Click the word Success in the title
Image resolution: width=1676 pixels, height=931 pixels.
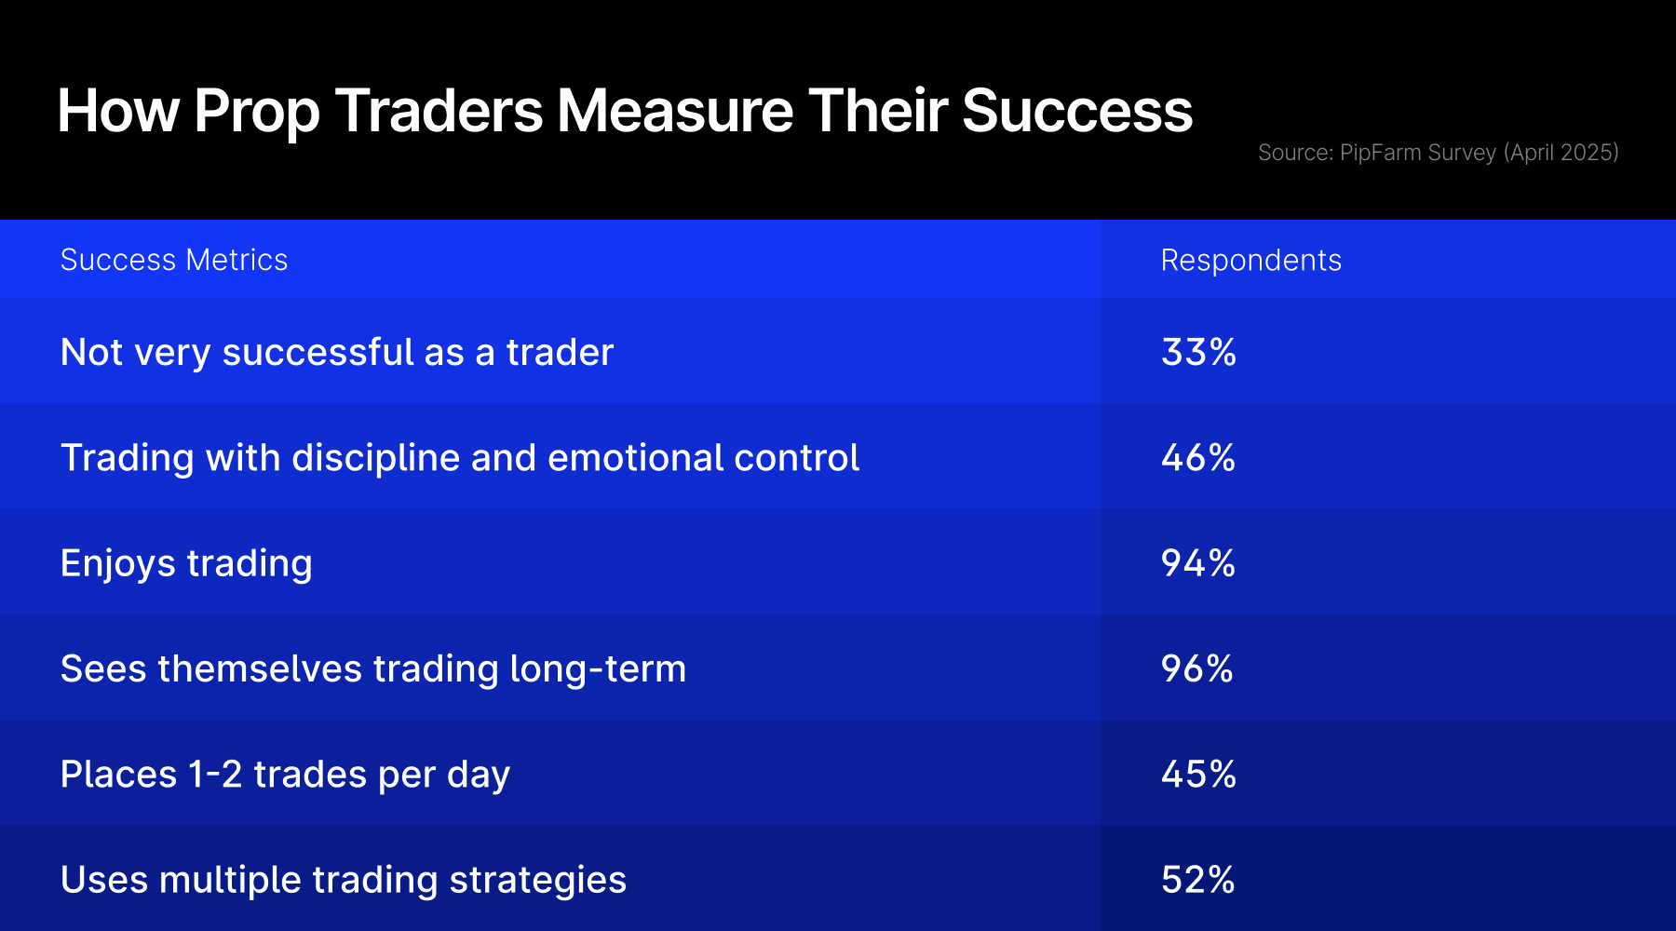[x=1076, y=111]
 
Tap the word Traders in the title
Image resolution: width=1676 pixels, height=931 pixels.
[x=439, y=111]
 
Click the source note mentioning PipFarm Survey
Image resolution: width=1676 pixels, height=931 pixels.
[x=1438, y=153]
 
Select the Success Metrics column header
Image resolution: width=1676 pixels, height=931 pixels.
[x=174, y=260]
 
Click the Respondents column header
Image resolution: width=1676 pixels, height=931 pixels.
[x=1250, y=261]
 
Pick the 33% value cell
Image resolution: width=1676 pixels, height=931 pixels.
[x=1198, y=352]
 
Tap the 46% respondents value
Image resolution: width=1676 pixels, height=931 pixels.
[x=1198, y=457]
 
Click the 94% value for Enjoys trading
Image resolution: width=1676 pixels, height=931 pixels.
[x=1198, y=562]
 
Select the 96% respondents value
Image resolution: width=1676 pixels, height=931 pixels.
[x=1197, y=668]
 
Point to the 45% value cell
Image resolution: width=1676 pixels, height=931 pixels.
[x=1198, y=774]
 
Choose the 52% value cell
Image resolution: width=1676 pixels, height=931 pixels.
[x=1198, y=879]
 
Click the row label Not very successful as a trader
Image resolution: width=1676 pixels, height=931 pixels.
[x=337, y=353]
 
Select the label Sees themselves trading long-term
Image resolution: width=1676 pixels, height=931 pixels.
[x=373, y=669]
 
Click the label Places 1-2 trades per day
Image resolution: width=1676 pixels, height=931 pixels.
[x=285, y=775]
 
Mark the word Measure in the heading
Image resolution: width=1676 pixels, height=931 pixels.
[x=675, y=111]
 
